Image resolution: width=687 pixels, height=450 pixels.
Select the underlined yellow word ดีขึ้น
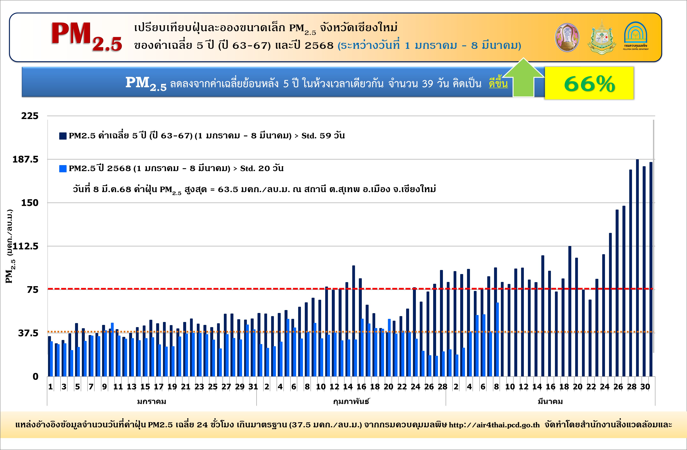click(x=498, y=84)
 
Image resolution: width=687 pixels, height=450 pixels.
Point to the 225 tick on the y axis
click(x=30, y=116)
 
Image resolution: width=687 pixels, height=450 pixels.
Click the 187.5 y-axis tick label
click(x=25, y=159)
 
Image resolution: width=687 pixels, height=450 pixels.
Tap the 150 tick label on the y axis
click(x=30, y=203)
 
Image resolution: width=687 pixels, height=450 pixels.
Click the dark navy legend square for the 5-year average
click(x=63, y=136)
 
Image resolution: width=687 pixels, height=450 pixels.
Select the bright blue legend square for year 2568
click(x=63, y=169)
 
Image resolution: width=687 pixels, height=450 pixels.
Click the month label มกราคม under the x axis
click(x=152, y=402)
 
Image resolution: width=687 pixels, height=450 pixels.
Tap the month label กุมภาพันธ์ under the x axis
click(x=351, y=402)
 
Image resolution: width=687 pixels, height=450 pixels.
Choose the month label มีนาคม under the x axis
click(x=550, y=402)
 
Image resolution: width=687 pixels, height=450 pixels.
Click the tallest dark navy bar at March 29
click(x=637, y=268)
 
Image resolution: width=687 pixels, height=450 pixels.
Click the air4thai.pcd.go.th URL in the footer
click(x=494, y=425)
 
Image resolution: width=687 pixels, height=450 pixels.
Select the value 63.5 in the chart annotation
click(x=228, y=189)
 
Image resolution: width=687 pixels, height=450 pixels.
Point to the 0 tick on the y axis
click(x=35, y=377)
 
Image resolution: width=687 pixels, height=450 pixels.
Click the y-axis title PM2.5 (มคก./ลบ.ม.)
click(x=10, y=246)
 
